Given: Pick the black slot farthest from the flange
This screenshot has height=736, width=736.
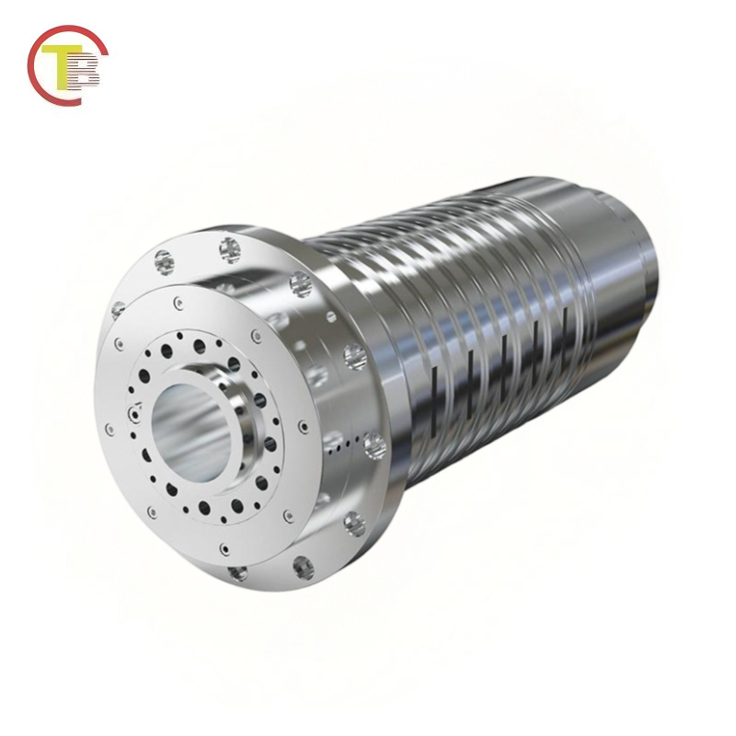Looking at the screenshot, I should point(563,324).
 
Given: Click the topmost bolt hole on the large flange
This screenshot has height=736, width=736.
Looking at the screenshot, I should point(229,249).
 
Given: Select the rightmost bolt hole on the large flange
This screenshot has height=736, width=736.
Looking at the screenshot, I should point(373,446).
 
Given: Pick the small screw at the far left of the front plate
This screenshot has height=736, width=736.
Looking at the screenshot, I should point(110,429).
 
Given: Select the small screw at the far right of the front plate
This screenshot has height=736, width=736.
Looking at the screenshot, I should point(303,427).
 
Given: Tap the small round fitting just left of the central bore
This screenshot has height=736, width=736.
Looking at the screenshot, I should point(134,415).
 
